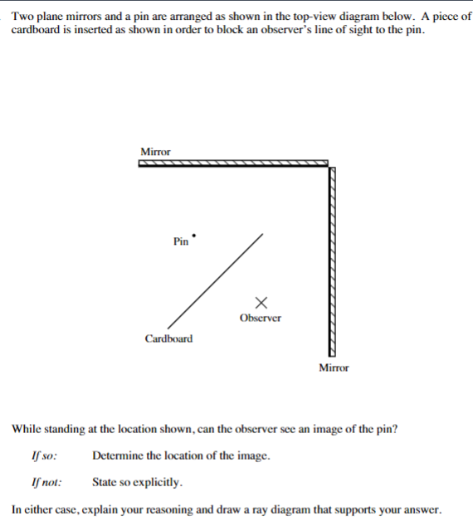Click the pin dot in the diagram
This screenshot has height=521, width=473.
pos(194,235)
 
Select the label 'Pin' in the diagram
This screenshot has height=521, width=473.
pos(181,242)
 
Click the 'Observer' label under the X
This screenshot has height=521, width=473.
pos(261,318)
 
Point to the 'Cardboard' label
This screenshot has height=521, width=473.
pos(168,338)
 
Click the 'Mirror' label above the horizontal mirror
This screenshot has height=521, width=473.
pos(155,152)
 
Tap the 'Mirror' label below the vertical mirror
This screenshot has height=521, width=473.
pos(334,368)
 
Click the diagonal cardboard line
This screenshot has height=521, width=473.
pos(216,281)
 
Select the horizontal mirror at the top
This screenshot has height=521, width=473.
pos(232,163)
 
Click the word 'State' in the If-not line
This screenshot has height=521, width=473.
pos(106,481)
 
